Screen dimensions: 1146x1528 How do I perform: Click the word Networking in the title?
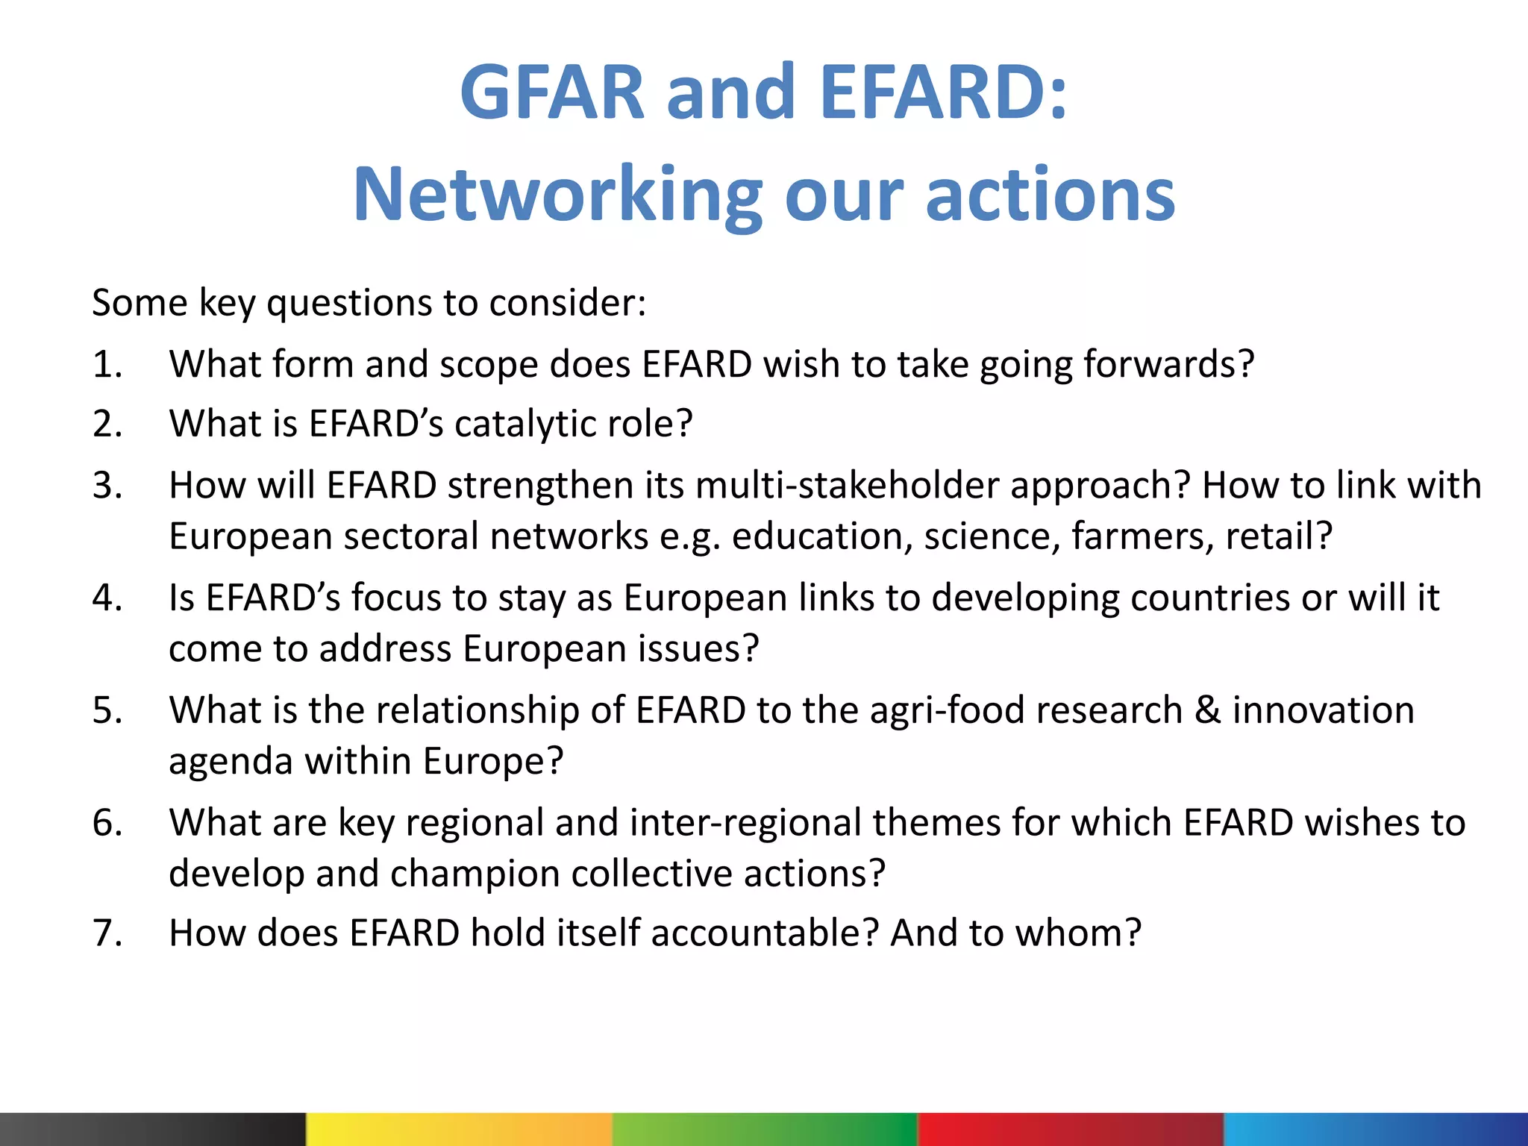557,195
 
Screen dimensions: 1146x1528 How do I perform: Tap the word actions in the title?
1050,195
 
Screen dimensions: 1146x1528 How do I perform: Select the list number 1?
107,365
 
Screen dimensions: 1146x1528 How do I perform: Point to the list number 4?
107,598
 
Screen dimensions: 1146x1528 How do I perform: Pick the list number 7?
107,933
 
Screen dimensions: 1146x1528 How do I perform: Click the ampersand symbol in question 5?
1207,710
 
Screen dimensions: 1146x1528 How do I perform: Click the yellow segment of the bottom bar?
459,1129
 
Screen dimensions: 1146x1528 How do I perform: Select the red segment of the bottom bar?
1070,1129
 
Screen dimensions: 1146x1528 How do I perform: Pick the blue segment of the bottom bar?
1376,1129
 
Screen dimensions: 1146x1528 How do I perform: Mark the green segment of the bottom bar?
764,1129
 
